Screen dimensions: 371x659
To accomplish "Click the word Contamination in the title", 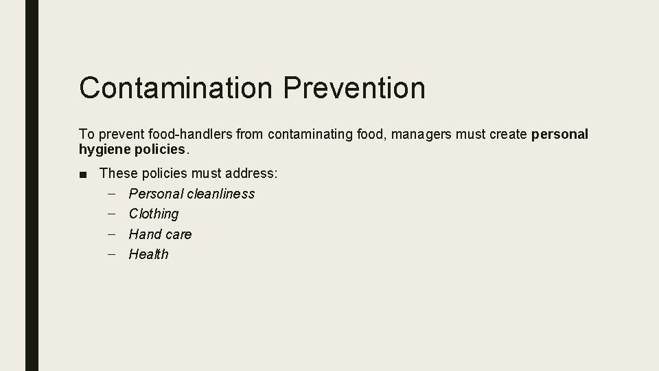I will tap(176, 88).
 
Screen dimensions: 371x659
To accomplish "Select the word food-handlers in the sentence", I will tap(189, 134).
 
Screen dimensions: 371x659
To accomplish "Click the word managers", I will tap(421, 134).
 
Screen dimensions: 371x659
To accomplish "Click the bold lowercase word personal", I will tap(560, 134).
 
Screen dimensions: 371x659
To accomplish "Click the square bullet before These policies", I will tap(83, 174).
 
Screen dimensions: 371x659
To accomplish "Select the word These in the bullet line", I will tap(119, 173).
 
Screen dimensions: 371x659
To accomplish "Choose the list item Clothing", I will tap(154, 214).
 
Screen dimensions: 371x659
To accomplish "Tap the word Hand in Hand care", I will tap(143, 234).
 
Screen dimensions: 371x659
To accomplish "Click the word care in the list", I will tap(176, 234).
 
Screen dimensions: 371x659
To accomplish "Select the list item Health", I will tap(148, 254).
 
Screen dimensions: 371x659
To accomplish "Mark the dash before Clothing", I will tap(112, 214).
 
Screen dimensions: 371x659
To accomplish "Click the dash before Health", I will tap(112, 254).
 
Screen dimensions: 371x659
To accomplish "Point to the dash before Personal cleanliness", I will tap(112, 194).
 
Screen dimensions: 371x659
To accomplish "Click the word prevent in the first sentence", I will tap(116, 134).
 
